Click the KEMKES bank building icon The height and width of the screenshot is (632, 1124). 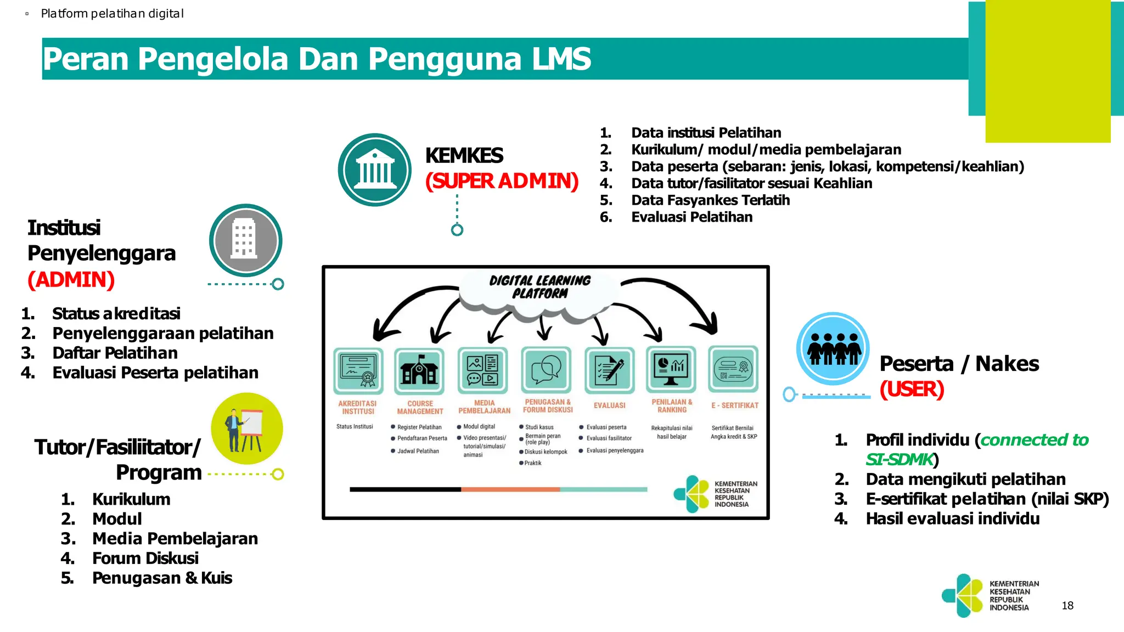pyautogui.click(x=375, y=170)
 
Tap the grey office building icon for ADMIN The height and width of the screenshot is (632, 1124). pyautogui.click(x=245, y=240)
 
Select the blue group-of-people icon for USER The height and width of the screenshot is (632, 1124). pyautogui.click(x=833, y=348)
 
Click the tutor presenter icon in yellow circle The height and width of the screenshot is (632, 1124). pyautogui.click(x=247, y=429)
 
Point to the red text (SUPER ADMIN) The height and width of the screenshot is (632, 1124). pyautogui.click(x=502, y=181)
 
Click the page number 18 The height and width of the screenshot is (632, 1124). pyautogui.click(x=1067, y=606)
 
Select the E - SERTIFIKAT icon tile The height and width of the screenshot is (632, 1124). pyautogui.click(x=733, y=369)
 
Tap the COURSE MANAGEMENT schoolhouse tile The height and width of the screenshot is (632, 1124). pyautogui.click(x=419, y=370)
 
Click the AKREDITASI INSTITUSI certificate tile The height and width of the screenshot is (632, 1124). pyautogui.click(x=358, y=370)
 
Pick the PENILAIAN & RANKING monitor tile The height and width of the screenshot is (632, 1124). pyautogui.click(x=671, y=369)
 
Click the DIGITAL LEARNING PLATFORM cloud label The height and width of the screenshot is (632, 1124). pyautogui.click(x=540, y=287)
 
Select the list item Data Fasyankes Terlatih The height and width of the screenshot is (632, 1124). pyautogui.click(x=710, y=200)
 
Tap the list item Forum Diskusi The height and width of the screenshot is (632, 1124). pyautogui.click(x=145, y=558)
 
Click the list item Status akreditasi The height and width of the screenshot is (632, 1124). pyautogui.click(x=116, y=314)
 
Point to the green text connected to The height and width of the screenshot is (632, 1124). pyautogui.click(x=1034, y=440)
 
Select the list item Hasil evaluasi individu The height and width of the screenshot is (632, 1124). pyautogui.click(x=952, y=519)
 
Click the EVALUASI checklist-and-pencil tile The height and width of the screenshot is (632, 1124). pyautogui.click(x=609, y=370)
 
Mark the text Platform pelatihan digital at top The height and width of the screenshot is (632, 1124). pyautogui.click(x=112, y=14)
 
